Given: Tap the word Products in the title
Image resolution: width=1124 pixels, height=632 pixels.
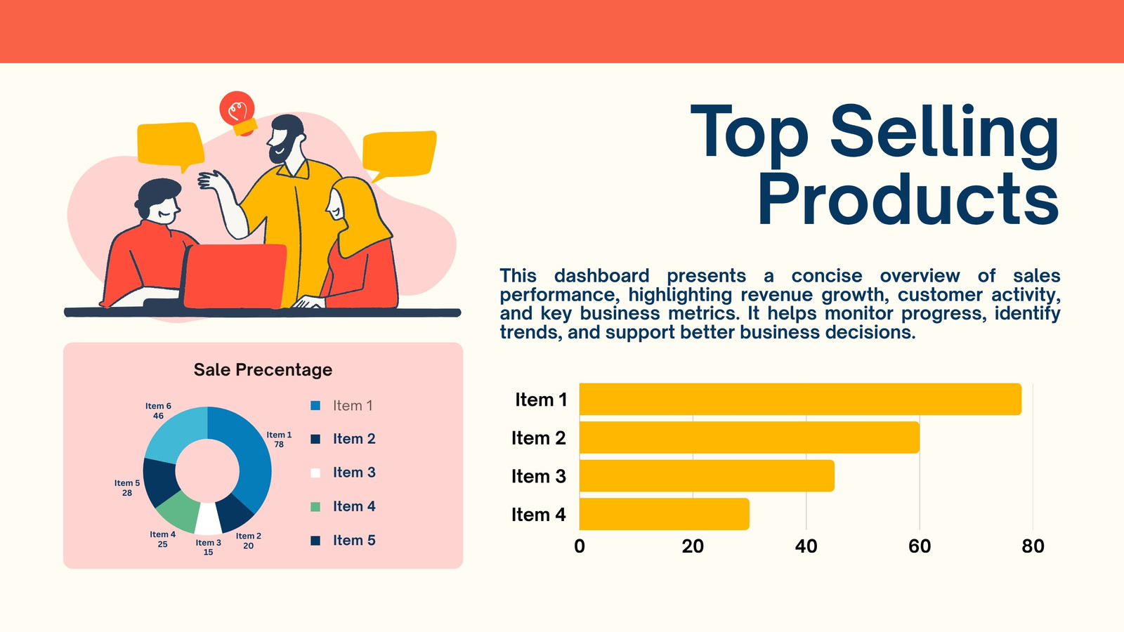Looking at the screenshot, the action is [908, 199].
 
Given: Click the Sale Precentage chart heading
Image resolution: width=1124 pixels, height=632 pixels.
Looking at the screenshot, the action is [263, 369].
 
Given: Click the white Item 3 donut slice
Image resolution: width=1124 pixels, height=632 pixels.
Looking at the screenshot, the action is [208, 520].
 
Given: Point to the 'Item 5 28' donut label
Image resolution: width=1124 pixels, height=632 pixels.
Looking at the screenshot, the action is [127, 488].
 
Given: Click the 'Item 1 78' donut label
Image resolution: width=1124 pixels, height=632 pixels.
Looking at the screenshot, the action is [279, 440].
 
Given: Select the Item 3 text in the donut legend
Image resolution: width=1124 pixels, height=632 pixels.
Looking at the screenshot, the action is [354, 473].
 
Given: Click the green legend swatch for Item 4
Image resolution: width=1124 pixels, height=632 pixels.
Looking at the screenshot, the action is [315, 506].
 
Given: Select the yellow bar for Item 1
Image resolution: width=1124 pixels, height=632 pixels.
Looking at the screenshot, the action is [800, 400].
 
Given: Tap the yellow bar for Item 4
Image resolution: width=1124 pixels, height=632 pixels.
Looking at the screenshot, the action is [665, 514].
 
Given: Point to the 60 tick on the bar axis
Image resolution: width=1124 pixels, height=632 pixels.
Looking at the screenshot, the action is [920, 546].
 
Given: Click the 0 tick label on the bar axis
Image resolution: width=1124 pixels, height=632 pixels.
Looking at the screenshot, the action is [580, 546].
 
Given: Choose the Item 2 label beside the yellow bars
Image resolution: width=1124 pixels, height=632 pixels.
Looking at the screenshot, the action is [538, 438].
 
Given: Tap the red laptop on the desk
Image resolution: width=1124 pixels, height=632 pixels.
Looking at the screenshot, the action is [235, 276].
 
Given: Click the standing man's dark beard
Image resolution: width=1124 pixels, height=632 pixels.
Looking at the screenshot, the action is [281, 150].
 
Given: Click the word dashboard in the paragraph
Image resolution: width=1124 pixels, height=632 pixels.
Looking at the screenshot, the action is [601, 276].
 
